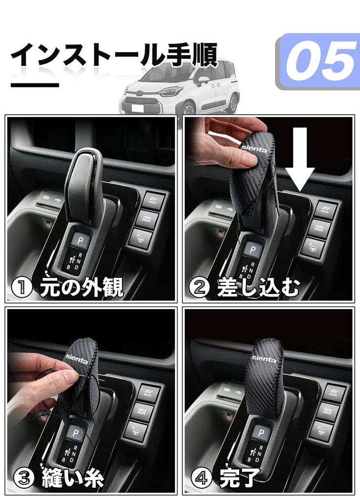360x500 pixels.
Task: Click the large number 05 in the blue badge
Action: [320, 61]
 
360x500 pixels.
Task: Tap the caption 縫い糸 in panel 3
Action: [73, 477]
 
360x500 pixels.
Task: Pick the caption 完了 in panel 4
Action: [239, 477]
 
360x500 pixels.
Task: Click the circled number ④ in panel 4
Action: [200, 478]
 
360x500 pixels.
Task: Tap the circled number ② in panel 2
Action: [200, 288]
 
